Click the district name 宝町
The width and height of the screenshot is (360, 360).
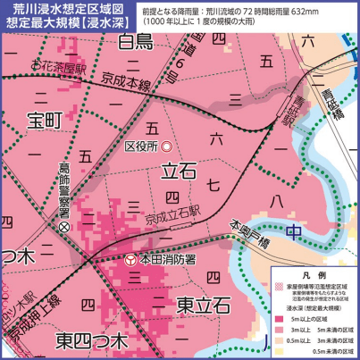tap(43, 118)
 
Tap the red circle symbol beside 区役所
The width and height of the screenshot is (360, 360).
tap(167, 145)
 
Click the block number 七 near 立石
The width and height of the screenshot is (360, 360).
tap(212, 185)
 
